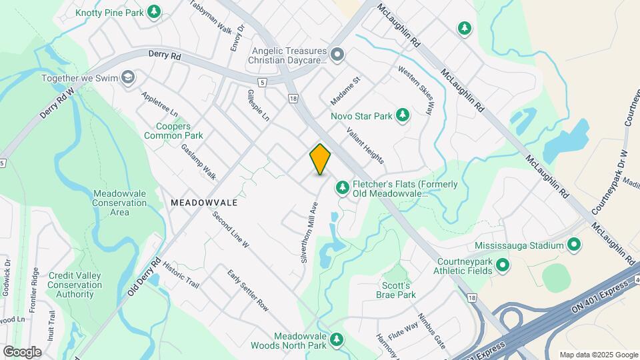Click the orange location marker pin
pyautogui.click(x=320, y=159)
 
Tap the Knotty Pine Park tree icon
pyautogui.click(x=155, y=11)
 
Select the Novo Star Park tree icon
pyautogui.click(x=403, y=116)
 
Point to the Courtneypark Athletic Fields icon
pyautogui.click(x=503, y=267)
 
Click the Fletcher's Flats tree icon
pyautogui.click(x=343, y=189)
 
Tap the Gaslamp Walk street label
pyautogui.click(x=199, y=161)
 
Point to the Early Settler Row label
pyautogui.click(x=247, y=291)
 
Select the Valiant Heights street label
pyautogui.click(x=365, y=146)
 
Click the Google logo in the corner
pyautogui.click(x=22, y=352)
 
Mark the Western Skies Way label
pyautogui.click(x=415, y=90)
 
